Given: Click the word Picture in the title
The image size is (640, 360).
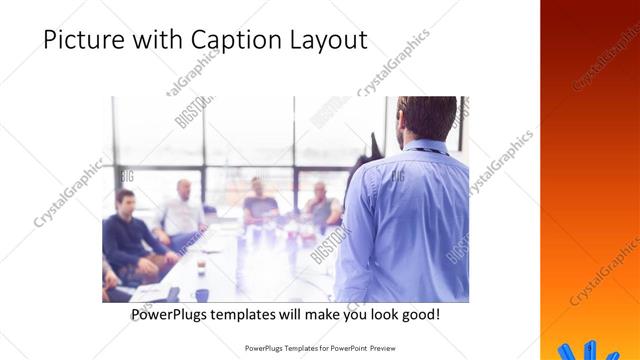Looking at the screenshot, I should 83,40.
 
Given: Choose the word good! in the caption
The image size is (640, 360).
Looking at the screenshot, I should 417,315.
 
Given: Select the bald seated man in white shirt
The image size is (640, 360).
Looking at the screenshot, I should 182,210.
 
